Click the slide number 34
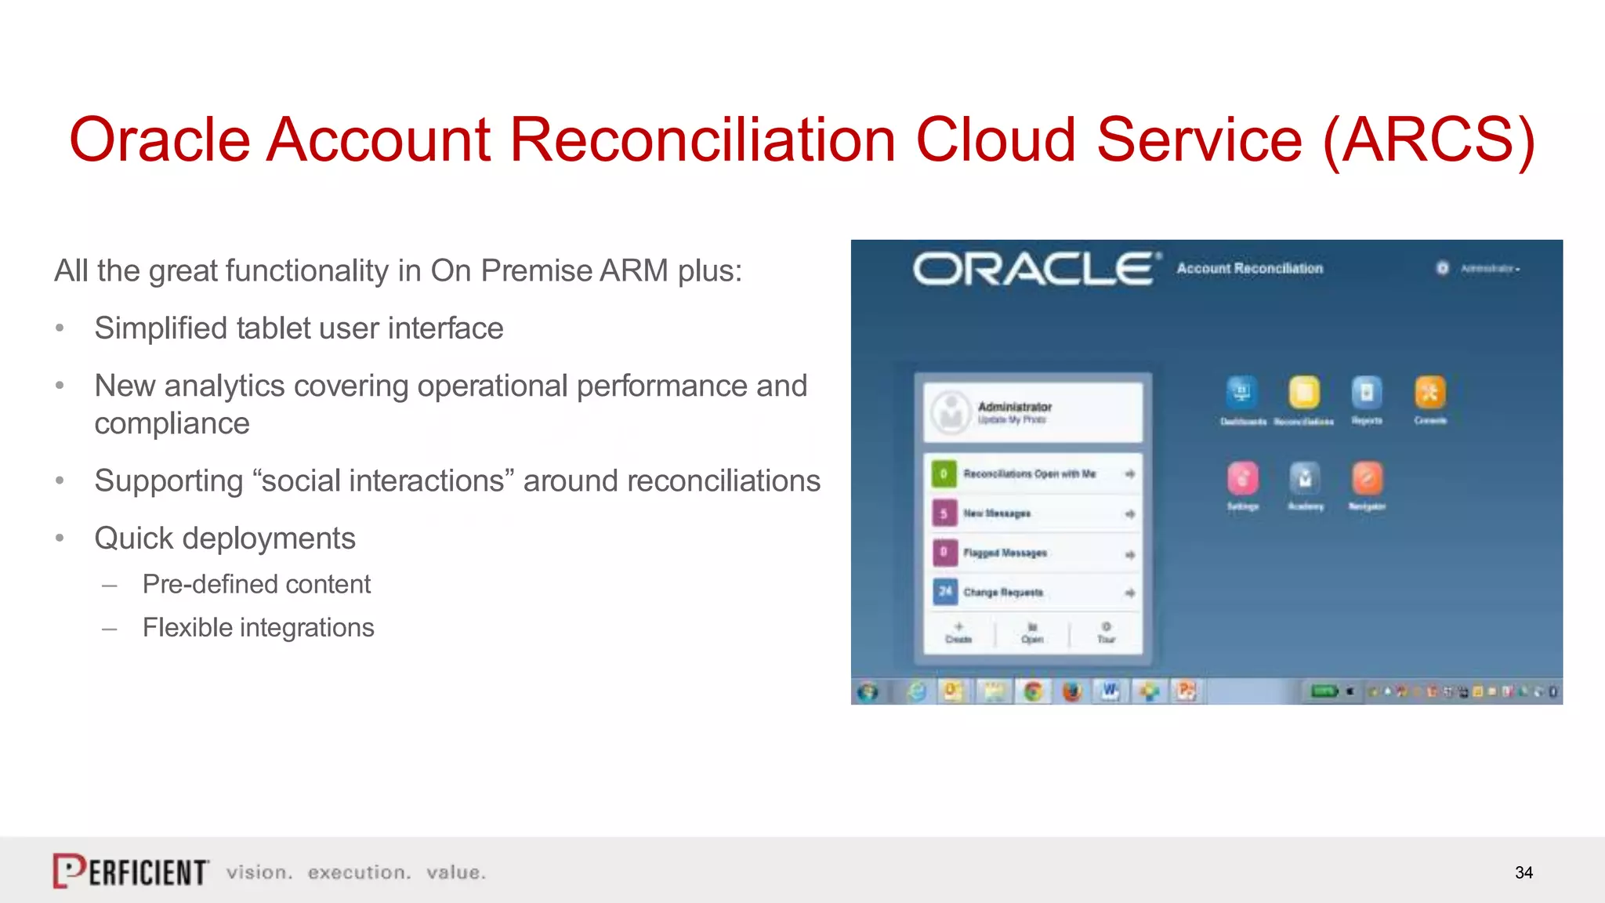pyautogui.click(x=1523, y=872)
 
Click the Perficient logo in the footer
pyautogui.click(x=131, y=871)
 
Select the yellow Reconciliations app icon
pyautogui.click(x=1304, y=393)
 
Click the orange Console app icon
pyautogui.click(x=1429, y=393)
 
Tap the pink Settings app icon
pyautogui.click(x=1242, y=478)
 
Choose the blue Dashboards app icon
pyautogui.click(x=1241, y=393)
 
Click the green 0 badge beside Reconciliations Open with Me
pyautogui.click(x=944, y=473)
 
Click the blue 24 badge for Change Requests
pyautogui.click(x=945, y=592)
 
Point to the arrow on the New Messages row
pyautogui.click(x=1129, y=514)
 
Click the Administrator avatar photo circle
pyautogui.click(x=951, y=412)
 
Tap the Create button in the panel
pyautogui.click(x=958, y=632)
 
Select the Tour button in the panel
pyautogui.click(x=1106, y=632)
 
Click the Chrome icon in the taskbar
pyautogui.click(x=1033, y=691)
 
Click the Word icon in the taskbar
pyautogui.click(x=1110, y=691)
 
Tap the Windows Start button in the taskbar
pyautogui.click(x=868, y=691)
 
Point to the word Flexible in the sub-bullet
pyautogui.click(x=187, y=628)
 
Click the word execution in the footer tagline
pyautogui.click(x=359, y=872)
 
